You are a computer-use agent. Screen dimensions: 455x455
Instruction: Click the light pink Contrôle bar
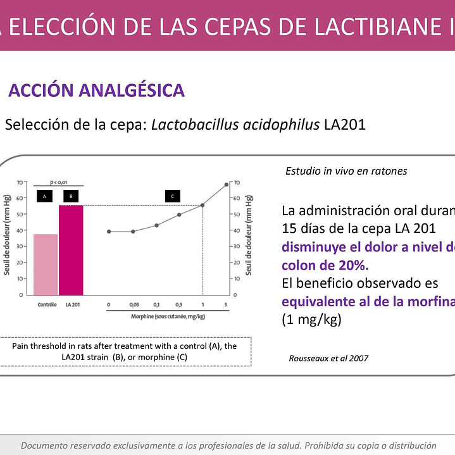[46, 264]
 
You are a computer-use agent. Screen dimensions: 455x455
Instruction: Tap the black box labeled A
[44, 196]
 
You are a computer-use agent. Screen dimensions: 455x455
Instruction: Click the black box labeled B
[71, 196]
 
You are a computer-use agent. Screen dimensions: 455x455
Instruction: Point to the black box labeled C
[173, 196]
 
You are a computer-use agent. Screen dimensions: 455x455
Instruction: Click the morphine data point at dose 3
[226, 184]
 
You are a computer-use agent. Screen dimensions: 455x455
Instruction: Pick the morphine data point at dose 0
[109, 232]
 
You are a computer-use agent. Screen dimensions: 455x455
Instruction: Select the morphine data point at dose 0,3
[179, 215]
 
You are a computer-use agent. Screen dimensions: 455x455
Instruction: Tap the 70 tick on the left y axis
[20, 182]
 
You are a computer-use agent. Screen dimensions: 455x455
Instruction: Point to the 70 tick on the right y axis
[237, 182]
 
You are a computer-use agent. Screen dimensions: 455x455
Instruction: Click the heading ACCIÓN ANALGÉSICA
[96, 90]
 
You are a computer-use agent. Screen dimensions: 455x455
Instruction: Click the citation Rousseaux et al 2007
[328, 358]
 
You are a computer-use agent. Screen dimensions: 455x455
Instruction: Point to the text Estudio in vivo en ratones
[346, 171]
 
